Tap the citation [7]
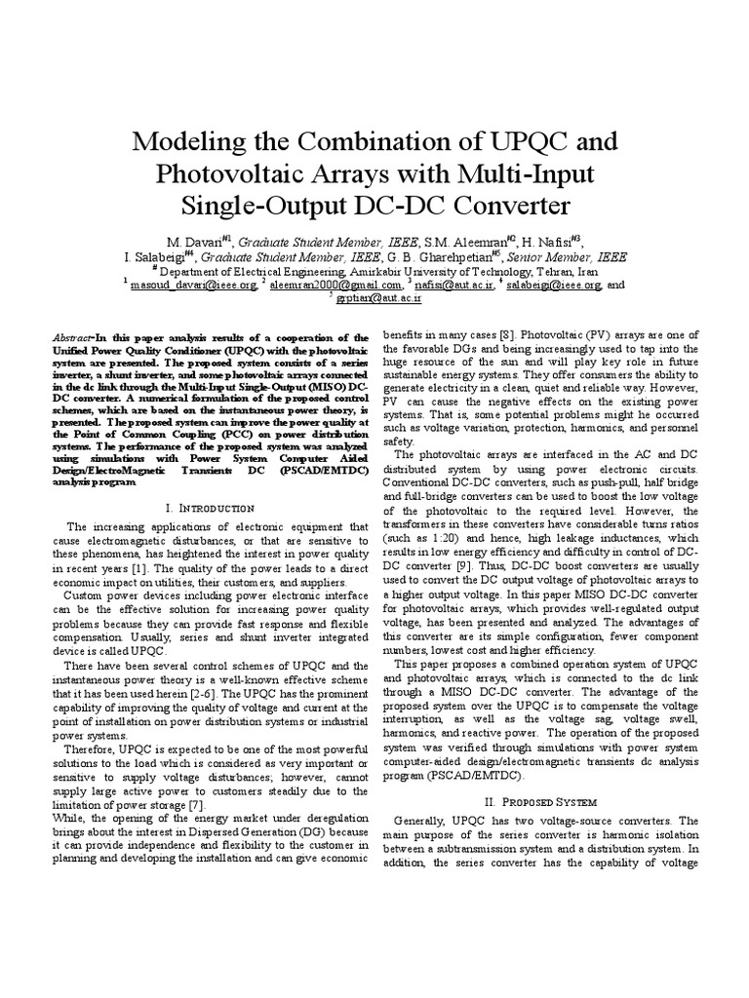coord(195,806)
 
